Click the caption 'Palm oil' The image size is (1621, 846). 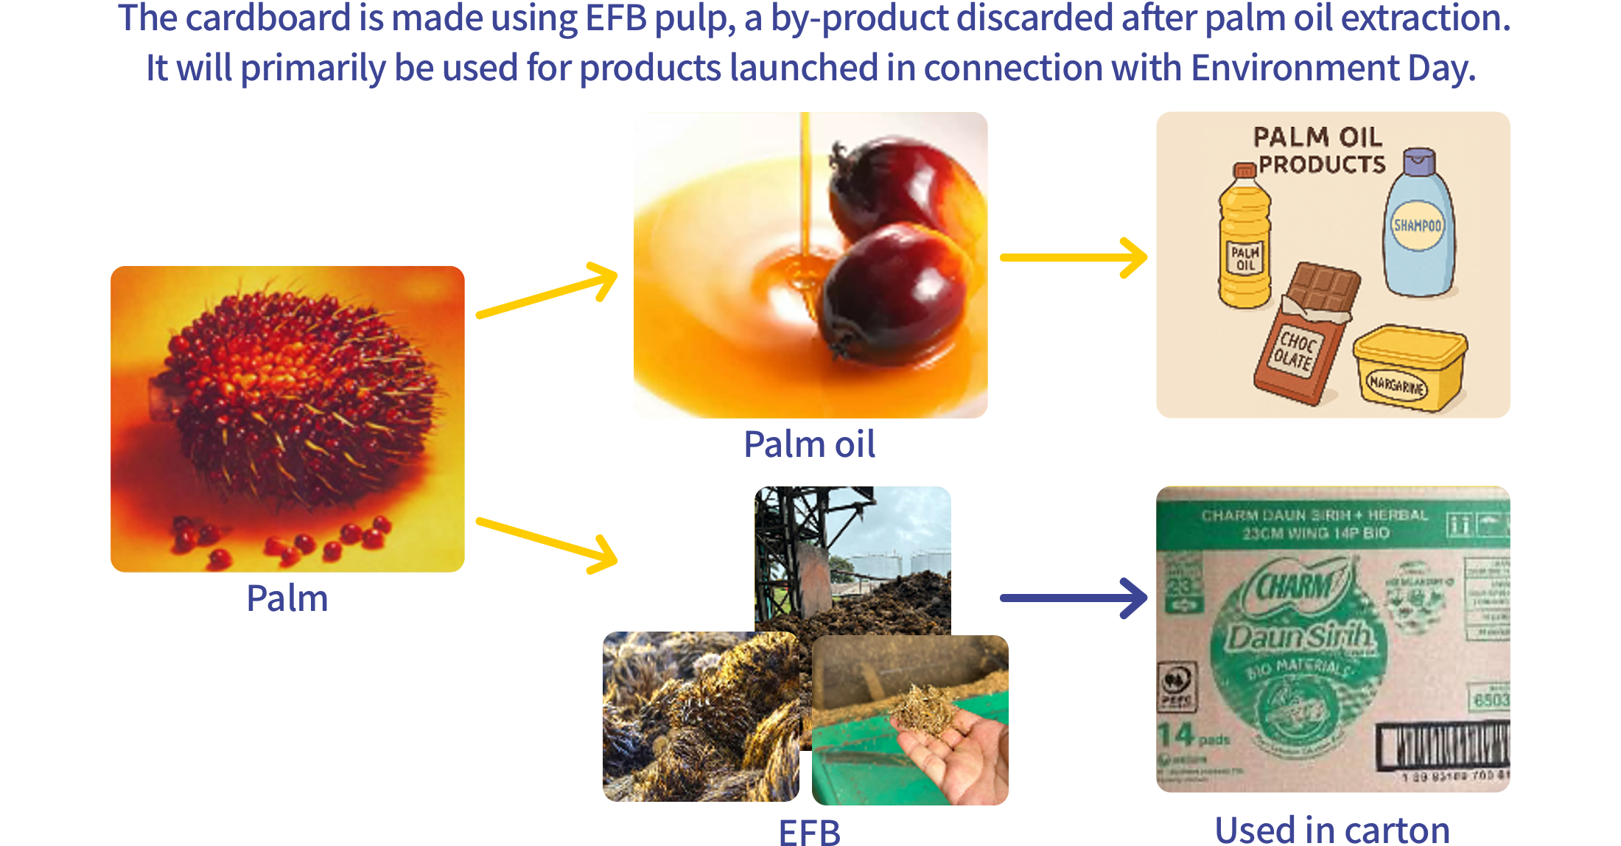pyautogui.click(x=809, y=444)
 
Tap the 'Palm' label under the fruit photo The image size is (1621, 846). pyautogui.click(x=287, y=598)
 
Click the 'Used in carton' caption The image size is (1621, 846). pyautogui.click(x=1331, y=830)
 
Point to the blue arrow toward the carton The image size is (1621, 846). pyautogui.click(x=1073, y=598)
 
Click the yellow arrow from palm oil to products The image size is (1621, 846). pyautogui.click(x=1073, y=257)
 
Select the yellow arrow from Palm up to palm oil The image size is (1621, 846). pyautogui.click(x=547, y=291)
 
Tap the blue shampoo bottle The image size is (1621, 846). pyautogui.click(x=1418, y=225)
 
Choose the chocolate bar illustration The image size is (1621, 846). pyautogui.click(x=1306, y=332)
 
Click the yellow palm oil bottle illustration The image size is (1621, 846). pyautogui.click(x=1244, y=240)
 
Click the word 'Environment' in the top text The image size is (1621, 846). pyautogui.click(x=1295, y=68)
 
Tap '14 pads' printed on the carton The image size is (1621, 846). pyautogui.click(x=1194, y=735)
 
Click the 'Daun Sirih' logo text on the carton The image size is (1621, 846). pyautogui.click(x=1298, y=635)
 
